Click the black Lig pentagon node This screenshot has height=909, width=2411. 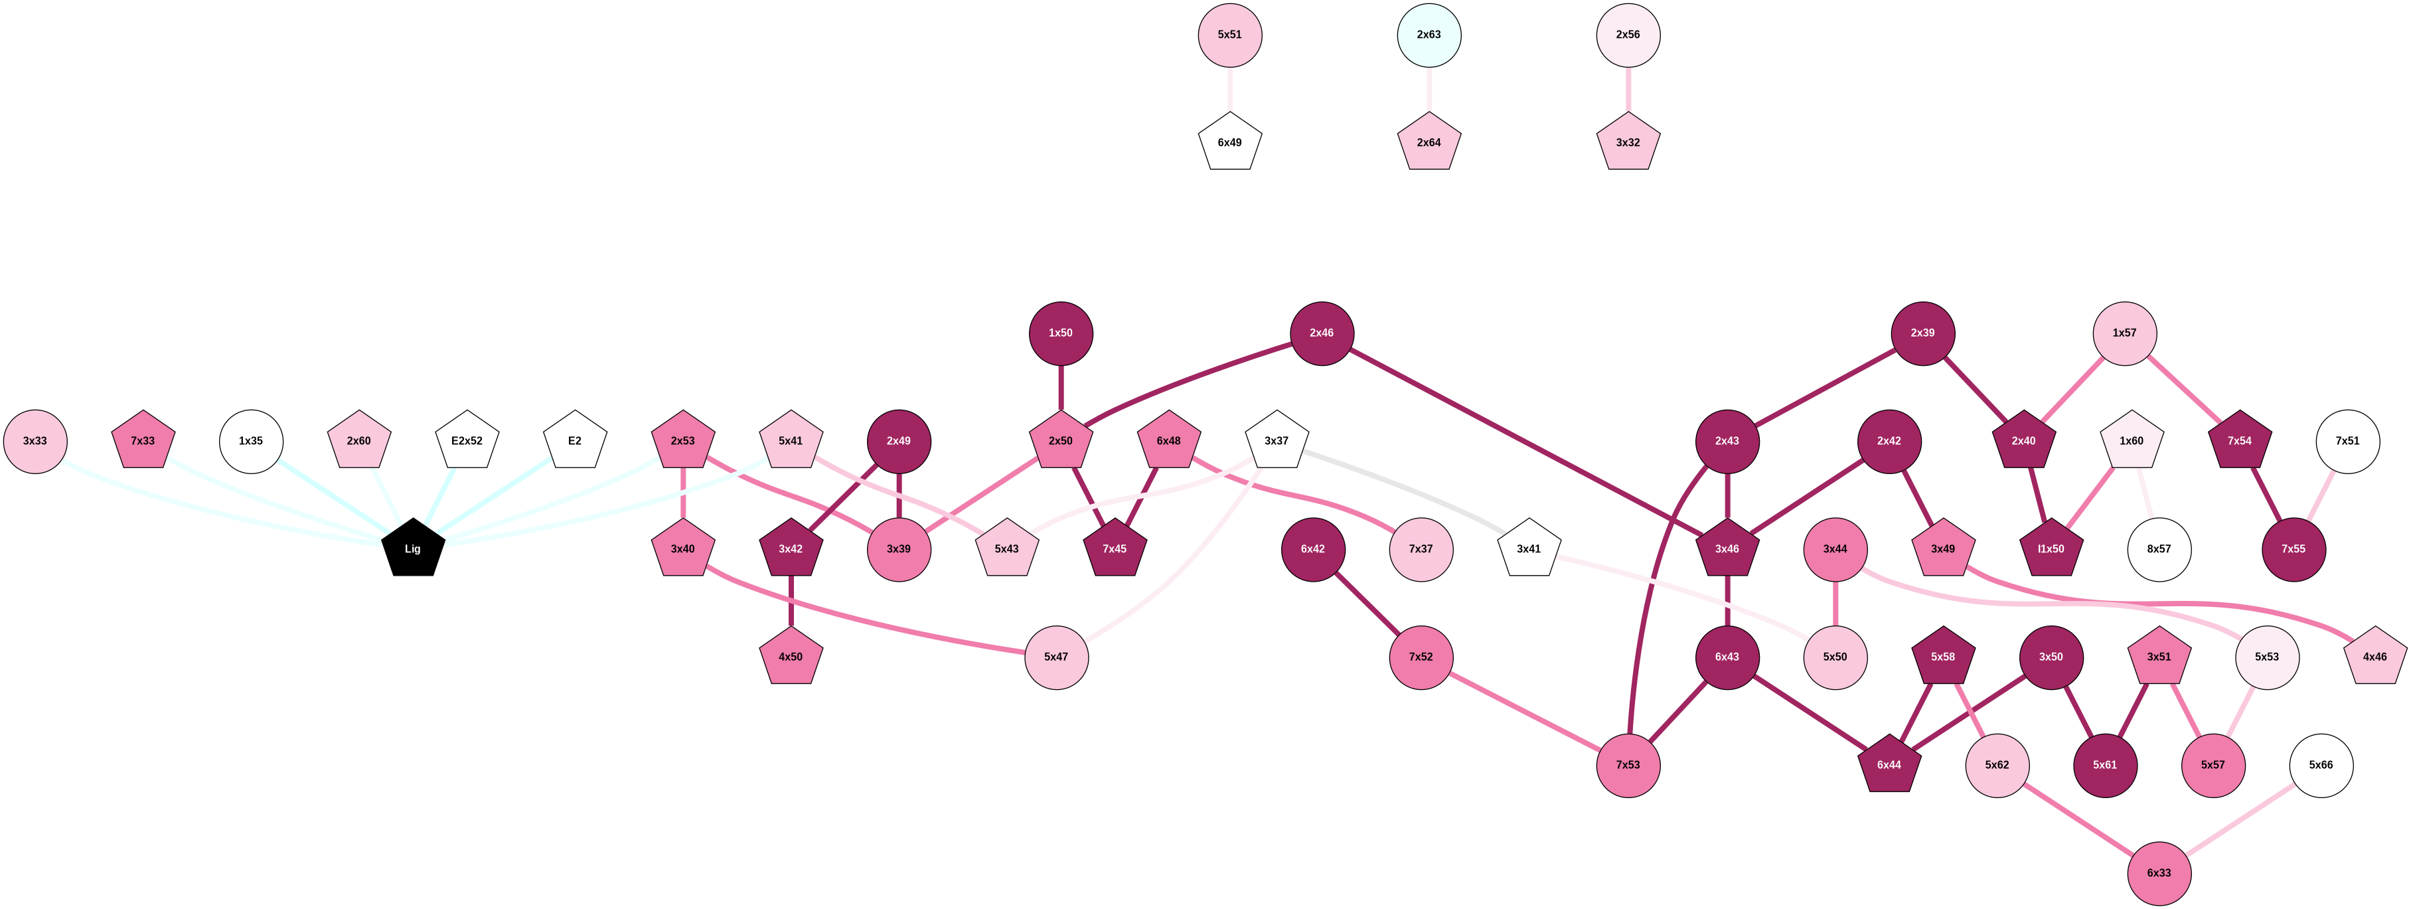(413, 548)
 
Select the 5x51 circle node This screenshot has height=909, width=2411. (1230, 35)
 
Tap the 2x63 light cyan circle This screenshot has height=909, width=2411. (1429, 35)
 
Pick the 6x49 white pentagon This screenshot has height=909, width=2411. (1230, 143)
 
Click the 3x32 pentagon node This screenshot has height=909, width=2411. (1628, 143)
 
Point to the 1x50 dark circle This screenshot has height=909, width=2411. (1060, 333)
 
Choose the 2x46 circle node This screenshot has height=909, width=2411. (1322, 333)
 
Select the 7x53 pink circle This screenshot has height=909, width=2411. (1628, 765)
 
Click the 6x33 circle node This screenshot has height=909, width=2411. (2158, 872)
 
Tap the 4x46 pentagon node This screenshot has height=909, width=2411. (2374, 657)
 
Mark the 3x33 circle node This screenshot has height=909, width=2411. (36, 441)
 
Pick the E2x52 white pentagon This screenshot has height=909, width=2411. (467, 441)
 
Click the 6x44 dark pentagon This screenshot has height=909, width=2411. (1889, 765)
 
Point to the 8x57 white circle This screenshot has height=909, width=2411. (2158, 548)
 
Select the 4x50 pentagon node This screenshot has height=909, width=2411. (791, 657)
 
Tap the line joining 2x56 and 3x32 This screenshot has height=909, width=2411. (1628, 89)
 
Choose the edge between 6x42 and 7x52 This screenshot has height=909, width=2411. (1367, 603)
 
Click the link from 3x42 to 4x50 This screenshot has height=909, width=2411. (791, 603)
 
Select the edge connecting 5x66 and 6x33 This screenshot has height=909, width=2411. (2240, 819)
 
